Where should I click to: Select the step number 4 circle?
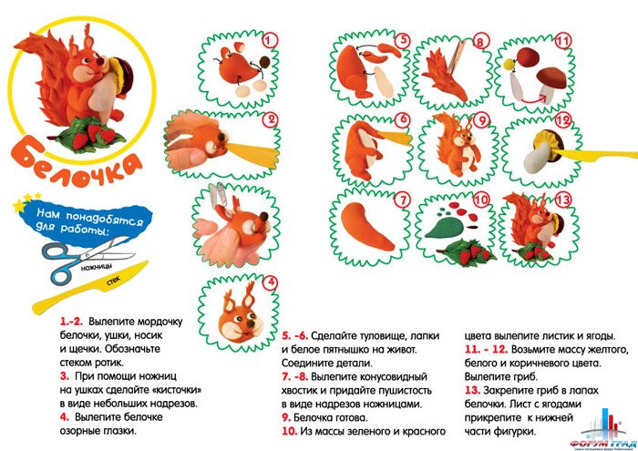click(270, 282)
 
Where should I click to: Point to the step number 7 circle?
click(402, 198)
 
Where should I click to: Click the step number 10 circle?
click(481, 198)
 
